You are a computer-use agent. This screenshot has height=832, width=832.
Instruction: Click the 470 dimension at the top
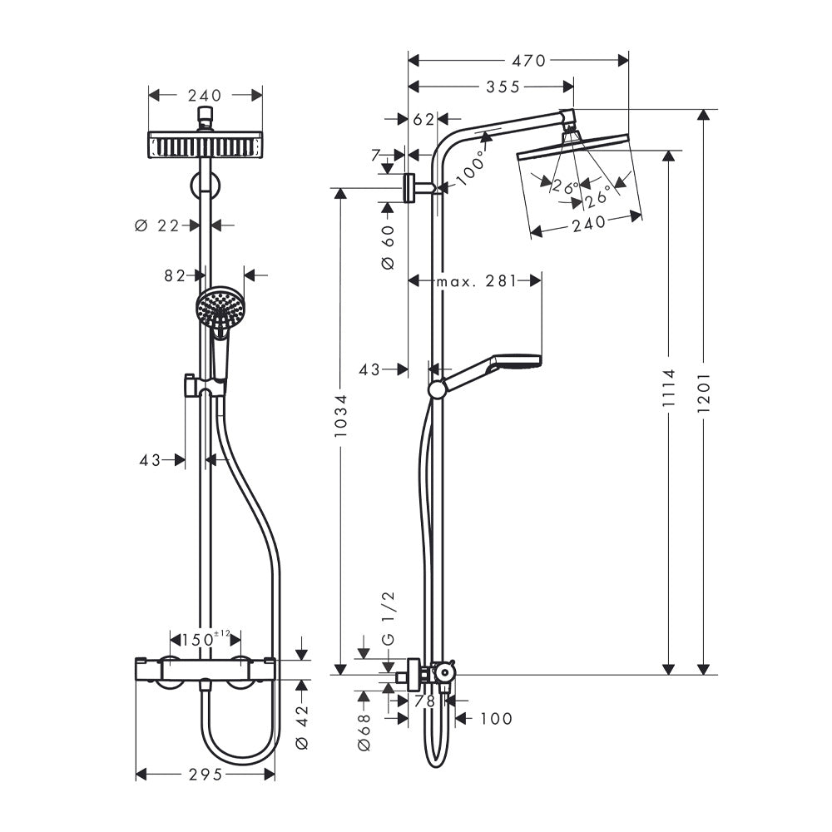tap(529, 61)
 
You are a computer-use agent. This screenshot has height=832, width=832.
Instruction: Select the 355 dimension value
tap(503, 87)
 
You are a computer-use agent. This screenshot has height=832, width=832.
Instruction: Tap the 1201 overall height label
tap(704, 393)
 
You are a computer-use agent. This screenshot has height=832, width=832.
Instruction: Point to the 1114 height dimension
tap(669, 388)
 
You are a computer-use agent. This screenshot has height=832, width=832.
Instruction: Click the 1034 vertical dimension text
tap(340, 416)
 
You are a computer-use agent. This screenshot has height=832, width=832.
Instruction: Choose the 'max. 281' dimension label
tap(476, 281)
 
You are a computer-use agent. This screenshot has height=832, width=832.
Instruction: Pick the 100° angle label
tap(470, 167)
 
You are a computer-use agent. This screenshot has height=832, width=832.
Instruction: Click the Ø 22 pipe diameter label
tap(157, 226)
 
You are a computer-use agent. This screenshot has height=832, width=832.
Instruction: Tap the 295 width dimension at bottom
tap(206, 775)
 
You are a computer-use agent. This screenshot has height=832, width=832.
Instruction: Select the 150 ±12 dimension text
tap(206, 639)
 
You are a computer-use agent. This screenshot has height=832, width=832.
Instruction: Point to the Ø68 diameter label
tap(364, 732)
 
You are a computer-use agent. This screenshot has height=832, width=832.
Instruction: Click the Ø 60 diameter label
tap(389, 247)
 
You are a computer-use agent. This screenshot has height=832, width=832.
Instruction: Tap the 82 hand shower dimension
tap(175, 276)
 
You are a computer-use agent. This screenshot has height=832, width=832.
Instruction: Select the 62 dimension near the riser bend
tap(424, 120)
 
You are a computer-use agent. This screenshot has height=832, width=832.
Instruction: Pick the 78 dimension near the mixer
tap(424, 701)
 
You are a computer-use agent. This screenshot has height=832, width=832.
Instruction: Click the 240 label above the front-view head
tap(205, 96)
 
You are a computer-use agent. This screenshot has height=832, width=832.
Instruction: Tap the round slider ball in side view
tap(438, 389)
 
